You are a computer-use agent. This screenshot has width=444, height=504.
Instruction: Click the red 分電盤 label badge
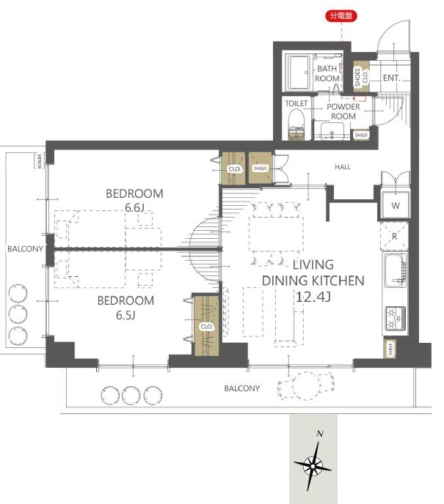click(x=341, y=15)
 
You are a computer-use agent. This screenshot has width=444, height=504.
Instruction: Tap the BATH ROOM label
click(x=327, y=73)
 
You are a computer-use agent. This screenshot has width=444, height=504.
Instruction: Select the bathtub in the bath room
click(x=299, y=73)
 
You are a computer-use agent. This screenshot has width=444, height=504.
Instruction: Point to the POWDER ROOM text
click(x=343, y=111)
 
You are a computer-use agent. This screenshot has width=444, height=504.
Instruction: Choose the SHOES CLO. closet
click(x=361, y=77)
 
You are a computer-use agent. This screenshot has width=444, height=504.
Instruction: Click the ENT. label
click(x=391, y=78)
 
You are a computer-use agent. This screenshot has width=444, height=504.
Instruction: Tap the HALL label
click(x=343, y=167)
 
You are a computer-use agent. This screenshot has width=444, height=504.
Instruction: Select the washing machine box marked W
click(x=396, y=205)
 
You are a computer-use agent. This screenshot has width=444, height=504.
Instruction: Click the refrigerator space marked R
click(x=394, y=236)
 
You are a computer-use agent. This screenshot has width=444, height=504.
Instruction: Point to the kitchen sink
click(x=395, y=270)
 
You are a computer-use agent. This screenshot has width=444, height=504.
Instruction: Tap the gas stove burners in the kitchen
click(x=396, y=318)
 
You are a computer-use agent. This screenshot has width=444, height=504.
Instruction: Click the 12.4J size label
click(x=313, y=297)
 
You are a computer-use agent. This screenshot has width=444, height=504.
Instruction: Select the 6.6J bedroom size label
click(x=134, y=207)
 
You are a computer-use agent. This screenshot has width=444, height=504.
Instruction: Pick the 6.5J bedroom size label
click(x=125, y=315)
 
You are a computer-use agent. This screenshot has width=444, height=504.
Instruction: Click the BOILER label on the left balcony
click(x=40, y=161)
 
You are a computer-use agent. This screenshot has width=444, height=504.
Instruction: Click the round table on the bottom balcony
click(x=306, y=386)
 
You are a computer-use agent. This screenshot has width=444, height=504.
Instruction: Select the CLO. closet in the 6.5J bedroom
click(x=206, y=325)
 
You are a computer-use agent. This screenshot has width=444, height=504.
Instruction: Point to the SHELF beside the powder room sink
click(x=361, y=135)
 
